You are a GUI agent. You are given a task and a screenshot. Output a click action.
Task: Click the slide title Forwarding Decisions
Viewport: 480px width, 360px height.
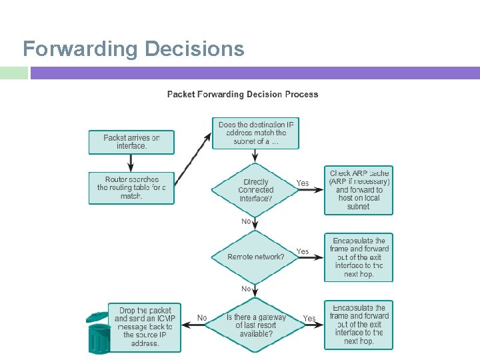(133, 49)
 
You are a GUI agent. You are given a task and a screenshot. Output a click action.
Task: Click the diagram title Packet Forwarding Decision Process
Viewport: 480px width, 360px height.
(243, 95)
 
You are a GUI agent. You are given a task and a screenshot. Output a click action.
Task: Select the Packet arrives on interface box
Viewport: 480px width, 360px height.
(131, 142)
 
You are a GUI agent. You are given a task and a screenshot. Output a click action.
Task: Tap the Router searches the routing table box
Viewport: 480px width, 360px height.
(131, 187)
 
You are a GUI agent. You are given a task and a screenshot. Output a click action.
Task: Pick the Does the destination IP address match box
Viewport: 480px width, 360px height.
(256, 133)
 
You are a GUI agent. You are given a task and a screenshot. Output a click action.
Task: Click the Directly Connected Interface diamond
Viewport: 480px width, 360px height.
(255, 190)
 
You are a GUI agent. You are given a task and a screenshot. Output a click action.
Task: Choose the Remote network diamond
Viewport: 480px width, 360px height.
(255, 257)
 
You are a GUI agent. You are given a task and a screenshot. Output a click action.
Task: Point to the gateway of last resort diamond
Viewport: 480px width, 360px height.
(255, 325)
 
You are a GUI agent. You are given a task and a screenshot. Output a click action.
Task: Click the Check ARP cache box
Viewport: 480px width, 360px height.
(359, 190)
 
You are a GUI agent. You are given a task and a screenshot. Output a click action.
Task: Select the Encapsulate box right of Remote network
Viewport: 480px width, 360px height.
(359, 257)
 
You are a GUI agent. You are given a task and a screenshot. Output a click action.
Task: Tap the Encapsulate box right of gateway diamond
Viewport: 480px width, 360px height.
(359, 325)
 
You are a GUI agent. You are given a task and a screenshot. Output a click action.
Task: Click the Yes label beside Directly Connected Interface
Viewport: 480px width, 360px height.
(303, 183)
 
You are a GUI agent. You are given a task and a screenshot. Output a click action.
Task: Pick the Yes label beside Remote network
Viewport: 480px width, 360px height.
(303, 251)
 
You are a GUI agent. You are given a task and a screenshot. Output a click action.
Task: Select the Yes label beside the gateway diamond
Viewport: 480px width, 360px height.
(309, 319)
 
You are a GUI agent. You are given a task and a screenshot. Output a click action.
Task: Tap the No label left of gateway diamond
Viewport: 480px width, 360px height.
(202, 318)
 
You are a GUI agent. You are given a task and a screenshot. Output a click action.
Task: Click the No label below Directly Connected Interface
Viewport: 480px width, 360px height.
(246, 221)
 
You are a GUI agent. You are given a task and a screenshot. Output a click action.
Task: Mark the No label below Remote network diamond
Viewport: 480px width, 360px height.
(246, 289)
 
